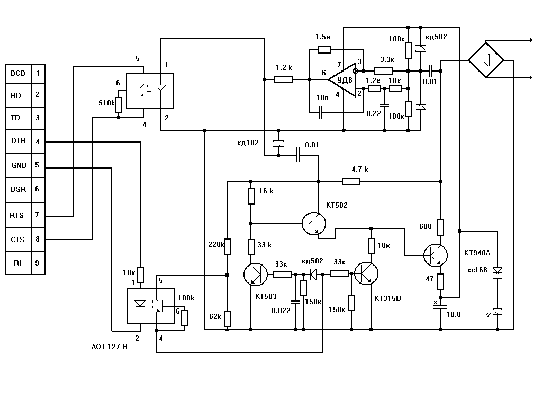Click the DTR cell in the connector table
tap(19, 141)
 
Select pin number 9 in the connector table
tap(38, 263)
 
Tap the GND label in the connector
tap(19, 165)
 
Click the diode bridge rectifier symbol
tap(486, 60)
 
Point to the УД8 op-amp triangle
tap(342, 80)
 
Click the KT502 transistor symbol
tap(314, 224)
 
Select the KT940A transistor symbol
tap(436, 255)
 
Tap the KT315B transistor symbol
tap(366, 273)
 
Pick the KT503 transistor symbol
tap(256, 274)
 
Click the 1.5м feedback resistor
tap(324, 50)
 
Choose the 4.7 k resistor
tap(351, 182)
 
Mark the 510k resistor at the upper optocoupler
tap(119, 105)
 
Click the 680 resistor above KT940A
tap(440, 227)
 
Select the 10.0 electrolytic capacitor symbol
tap(440, 306)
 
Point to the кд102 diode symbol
tap(278, 144)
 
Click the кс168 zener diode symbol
tap(498, 273)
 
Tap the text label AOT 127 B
tap(109, 347)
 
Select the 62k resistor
tap(227, 318)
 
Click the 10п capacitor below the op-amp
tap(320, 113)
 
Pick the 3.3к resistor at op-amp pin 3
tap(383, 71)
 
